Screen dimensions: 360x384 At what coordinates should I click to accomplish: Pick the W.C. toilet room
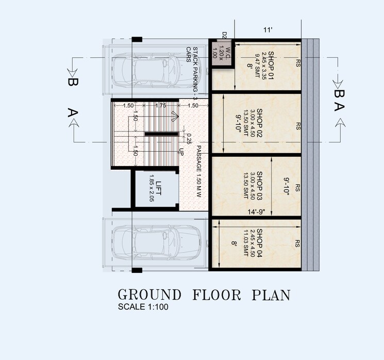point(221,53)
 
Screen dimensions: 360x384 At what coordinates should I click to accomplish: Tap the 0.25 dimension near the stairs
point(189,138)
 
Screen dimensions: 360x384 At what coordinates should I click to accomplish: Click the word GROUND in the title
point(149,296)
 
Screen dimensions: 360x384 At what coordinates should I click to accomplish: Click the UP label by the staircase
point(181,152)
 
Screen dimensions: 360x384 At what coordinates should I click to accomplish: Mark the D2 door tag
point(224,35)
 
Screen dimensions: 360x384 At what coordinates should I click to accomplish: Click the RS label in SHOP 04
point(298,242)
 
